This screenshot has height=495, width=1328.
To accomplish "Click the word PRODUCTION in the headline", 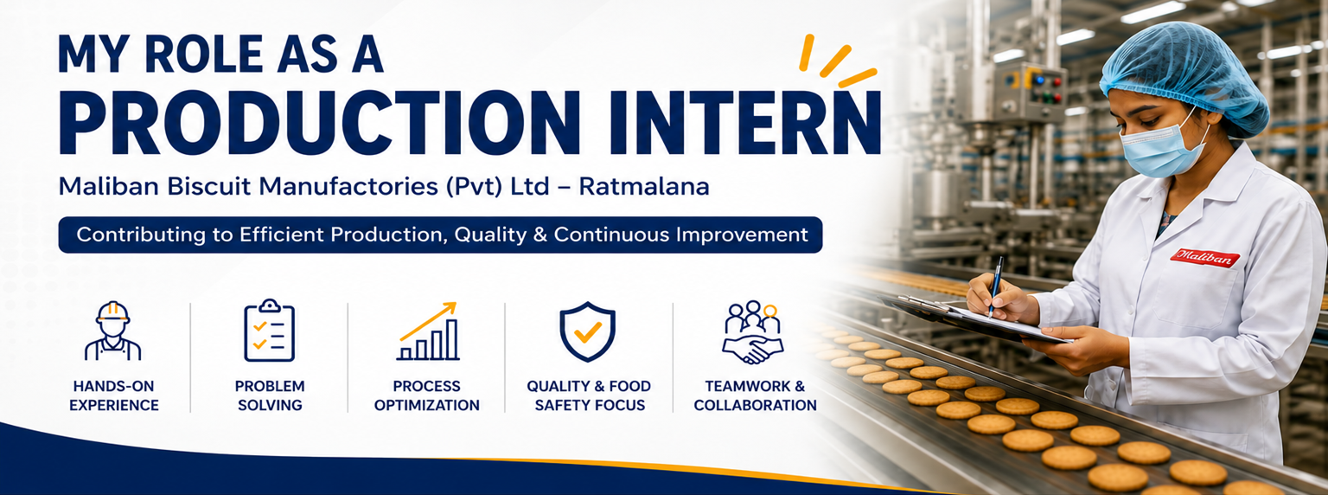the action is [320, 123].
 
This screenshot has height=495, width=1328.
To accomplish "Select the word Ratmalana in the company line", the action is [644, 187].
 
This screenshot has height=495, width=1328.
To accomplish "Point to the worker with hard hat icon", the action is [112, 331].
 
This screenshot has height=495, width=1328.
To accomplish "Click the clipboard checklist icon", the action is [270, 330].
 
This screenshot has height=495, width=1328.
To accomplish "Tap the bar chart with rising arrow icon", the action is [428, 331].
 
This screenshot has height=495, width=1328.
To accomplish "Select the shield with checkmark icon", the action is [587, 331].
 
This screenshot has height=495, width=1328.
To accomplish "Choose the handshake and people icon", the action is [753, 331].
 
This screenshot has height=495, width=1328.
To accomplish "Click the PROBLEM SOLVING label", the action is [270, 395].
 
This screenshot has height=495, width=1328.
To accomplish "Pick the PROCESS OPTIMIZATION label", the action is [427, 395].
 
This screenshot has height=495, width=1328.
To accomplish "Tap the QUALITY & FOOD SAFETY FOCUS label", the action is [589, 395].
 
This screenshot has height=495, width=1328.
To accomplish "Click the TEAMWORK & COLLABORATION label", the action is [756, 395].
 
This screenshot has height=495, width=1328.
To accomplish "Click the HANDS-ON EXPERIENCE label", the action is [114, 395].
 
